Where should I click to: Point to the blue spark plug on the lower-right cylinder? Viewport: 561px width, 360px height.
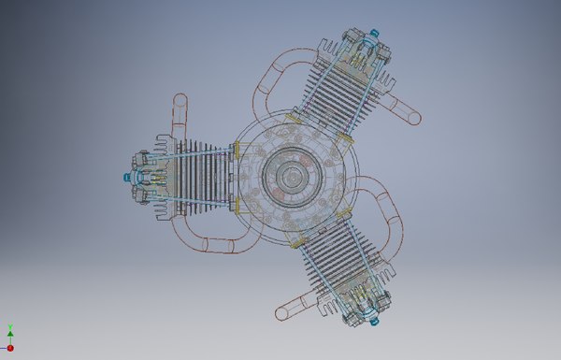pyautogui.click(x=375, y=321)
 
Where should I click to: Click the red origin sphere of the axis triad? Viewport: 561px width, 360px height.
pyautogui.click(x=10, y=347)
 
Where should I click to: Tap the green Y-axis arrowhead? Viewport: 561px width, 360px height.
pyautogui.click(x=10, y=333)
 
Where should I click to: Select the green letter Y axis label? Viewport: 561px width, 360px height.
pyautogui.click(x=10, y=325)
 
